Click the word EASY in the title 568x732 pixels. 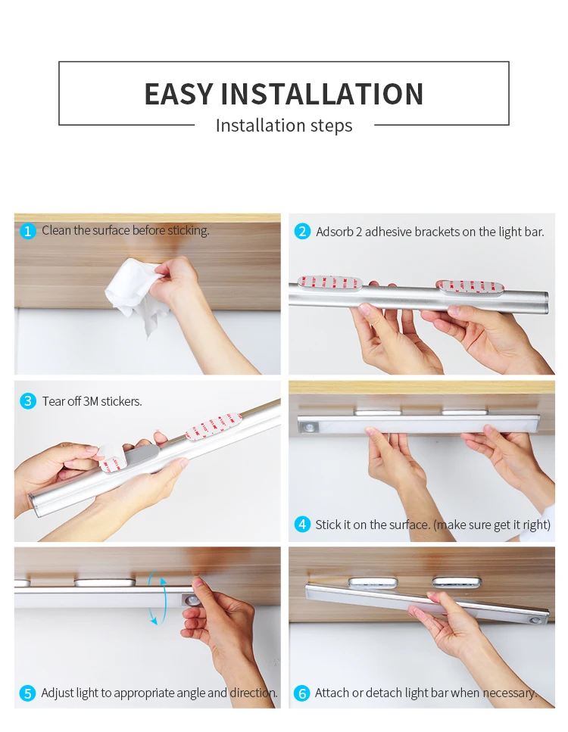click(179, 94)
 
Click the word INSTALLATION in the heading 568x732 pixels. click(322, 94)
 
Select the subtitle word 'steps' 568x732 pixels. click(329, 126)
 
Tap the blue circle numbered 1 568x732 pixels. click(27, 231)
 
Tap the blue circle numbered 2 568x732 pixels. click(302, 231)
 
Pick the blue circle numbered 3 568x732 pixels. click(28, 401)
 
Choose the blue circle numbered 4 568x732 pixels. click(302, 525)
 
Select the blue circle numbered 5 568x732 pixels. click(27, 693)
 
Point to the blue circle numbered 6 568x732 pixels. click(301, 693)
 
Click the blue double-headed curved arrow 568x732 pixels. click(158, 600)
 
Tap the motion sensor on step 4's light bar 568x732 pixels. click(309, 427)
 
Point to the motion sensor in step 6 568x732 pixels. click(535, 621)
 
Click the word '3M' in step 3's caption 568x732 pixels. click(91, 401)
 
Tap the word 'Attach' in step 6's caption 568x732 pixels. click(332, 693)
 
